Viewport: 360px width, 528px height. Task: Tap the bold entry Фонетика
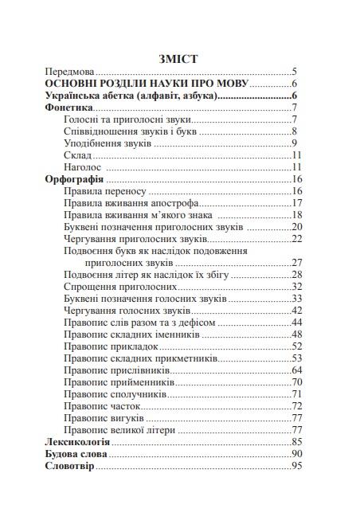pos(70,108)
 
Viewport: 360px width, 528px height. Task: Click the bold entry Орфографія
pos(76,181)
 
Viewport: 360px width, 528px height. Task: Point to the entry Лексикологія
pos(78,441)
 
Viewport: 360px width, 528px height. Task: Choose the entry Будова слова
pos(76,454)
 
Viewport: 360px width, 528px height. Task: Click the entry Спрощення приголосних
pos(119,287)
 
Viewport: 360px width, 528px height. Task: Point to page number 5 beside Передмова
pos(295,71)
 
